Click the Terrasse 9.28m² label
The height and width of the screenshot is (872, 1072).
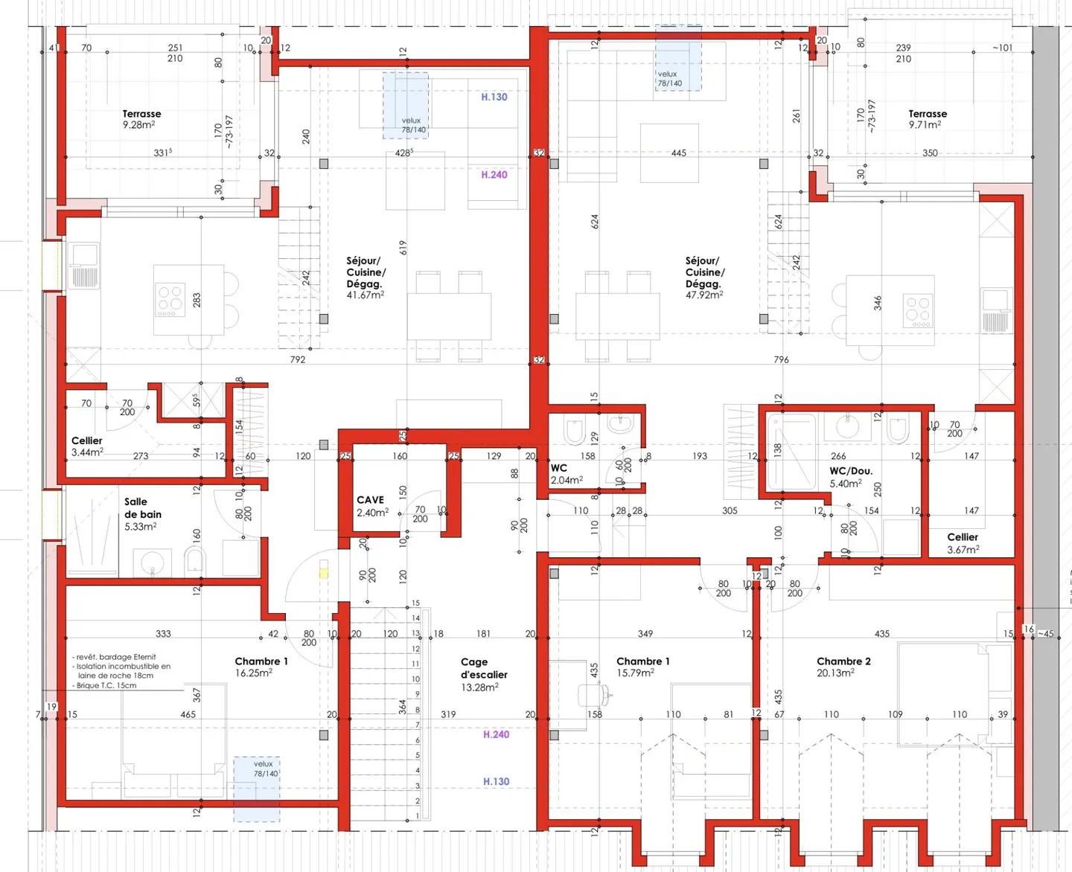[141, 119]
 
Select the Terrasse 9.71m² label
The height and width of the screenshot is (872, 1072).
[928, 119]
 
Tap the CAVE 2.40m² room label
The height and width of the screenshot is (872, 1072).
[371, 506]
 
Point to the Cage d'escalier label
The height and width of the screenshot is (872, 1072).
[483, 674]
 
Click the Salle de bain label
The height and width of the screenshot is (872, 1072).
[142, 513]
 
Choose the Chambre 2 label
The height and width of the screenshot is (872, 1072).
[843, 667]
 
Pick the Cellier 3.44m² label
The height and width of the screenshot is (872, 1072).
[87, 446]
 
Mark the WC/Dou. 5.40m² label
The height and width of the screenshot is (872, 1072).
[850, 477]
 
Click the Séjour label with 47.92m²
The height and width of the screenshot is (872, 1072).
[704, 278]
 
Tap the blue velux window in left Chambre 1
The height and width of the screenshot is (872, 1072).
[257, 789]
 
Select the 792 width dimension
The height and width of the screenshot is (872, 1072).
[298, 359]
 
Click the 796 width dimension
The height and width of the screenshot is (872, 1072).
[781, 359]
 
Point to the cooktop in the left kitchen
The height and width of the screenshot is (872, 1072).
[170, 299]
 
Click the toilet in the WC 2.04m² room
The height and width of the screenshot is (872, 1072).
[575, 431]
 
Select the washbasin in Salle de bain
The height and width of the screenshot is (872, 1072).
[153, 563]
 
